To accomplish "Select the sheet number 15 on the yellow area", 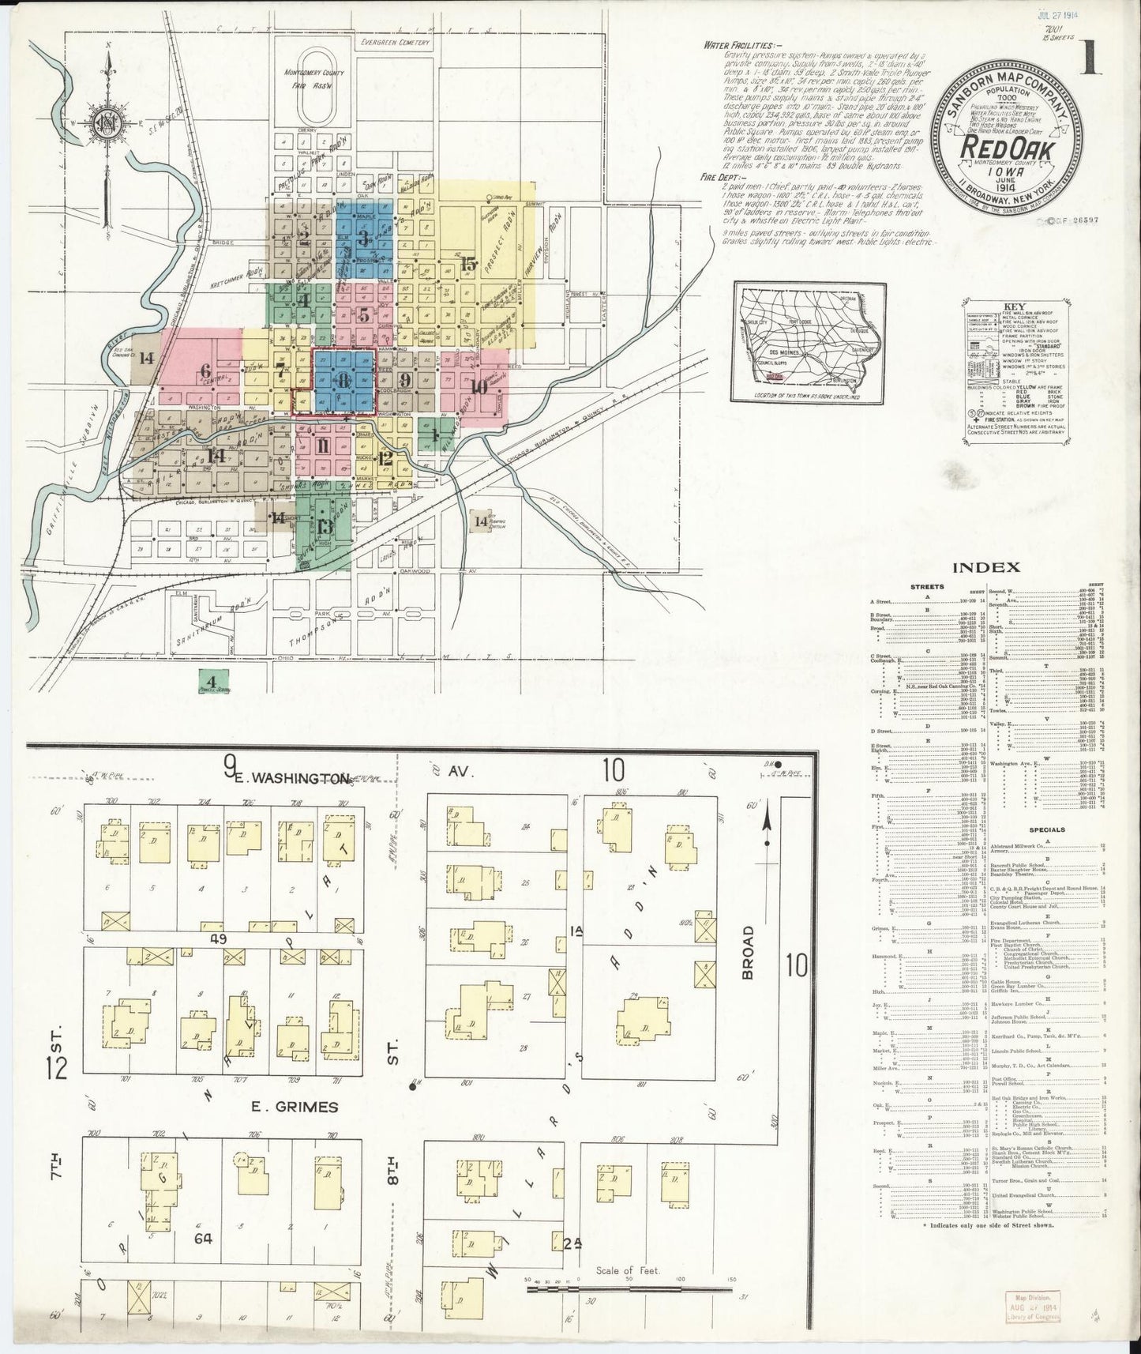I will [469, 265].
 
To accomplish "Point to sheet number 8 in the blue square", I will [343, 381].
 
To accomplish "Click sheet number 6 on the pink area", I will [206, 370].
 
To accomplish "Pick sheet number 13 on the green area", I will [325, 528].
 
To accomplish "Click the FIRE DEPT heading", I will [720, 178].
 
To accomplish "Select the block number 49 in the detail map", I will [219, 939].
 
